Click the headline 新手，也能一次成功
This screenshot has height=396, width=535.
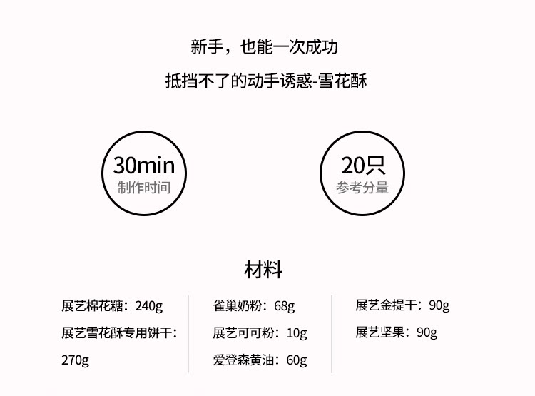click(x=264, y=48)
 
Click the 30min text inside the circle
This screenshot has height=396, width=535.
click(x=143, y=166)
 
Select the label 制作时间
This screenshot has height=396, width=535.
click(x=143, y=188)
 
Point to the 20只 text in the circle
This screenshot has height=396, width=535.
click(x=362, y=166)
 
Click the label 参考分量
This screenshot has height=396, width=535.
click(x=362, y=188)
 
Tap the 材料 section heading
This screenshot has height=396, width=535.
click(x=263, y=270)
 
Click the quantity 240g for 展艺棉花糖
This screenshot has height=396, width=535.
click(x=148, y=306)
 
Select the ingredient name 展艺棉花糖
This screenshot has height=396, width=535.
click(x=93, y=306)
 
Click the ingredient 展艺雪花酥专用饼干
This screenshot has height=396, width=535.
click(x=115, y=332)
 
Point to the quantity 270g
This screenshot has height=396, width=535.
click(x=75, y=360)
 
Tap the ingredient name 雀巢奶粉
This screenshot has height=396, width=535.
click(x=238, y=306)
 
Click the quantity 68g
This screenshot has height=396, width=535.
click(x=284, y=306)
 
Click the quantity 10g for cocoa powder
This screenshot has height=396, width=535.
click(x=296, y=332)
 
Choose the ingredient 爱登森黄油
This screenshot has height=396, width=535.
click(x=243, y=360)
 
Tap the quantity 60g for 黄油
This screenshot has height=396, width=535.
click(x=296, y=360)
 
